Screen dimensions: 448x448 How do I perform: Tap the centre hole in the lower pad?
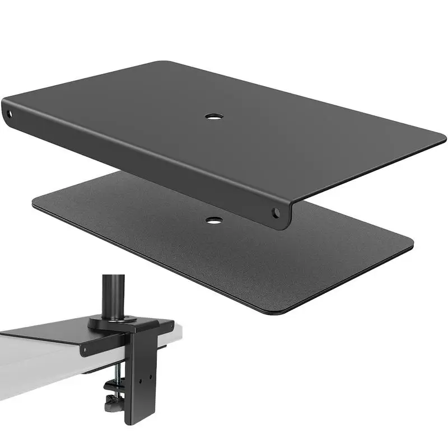point(213,220)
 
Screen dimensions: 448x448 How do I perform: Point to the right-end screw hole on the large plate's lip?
point(276,213)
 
